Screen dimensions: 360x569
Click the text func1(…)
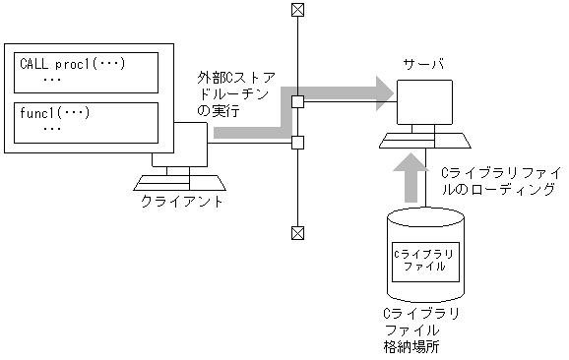click(55, 112)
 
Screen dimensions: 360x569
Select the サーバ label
click(423, 65)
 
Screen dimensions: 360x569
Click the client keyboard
click(179, 182)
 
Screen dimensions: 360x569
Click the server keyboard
click(425, 141)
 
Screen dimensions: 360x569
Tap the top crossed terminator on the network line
click(296, 10)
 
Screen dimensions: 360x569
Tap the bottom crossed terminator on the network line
click(296, 233)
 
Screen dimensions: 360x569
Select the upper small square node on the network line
click(296, 100)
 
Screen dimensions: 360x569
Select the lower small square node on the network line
click(296, 143)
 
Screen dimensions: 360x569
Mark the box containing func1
click(86, 120)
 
